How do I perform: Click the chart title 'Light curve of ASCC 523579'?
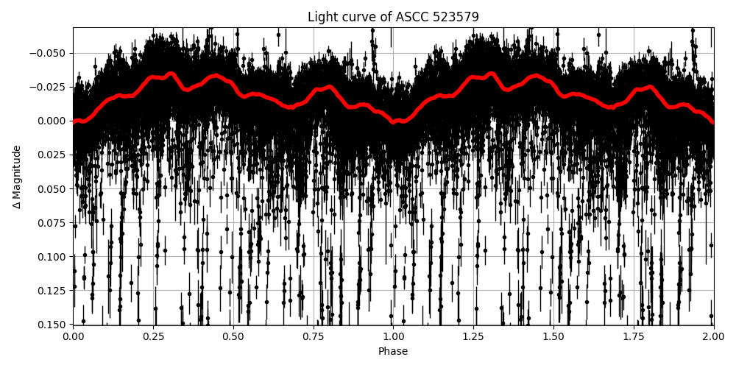(393, 17)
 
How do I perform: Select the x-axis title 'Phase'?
(393, 352)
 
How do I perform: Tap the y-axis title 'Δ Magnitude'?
(17, 177)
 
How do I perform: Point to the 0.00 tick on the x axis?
(73, 336)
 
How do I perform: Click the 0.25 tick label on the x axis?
(153, 336)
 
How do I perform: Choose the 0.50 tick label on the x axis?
(233, 336)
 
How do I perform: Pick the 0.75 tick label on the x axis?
(313, 336)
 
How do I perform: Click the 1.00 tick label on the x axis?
(393, 336)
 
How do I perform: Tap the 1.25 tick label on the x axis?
(473, 336)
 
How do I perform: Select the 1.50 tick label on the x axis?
(553, 336)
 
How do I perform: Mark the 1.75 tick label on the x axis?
(633, 336)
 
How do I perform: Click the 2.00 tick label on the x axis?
(713, 336)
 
